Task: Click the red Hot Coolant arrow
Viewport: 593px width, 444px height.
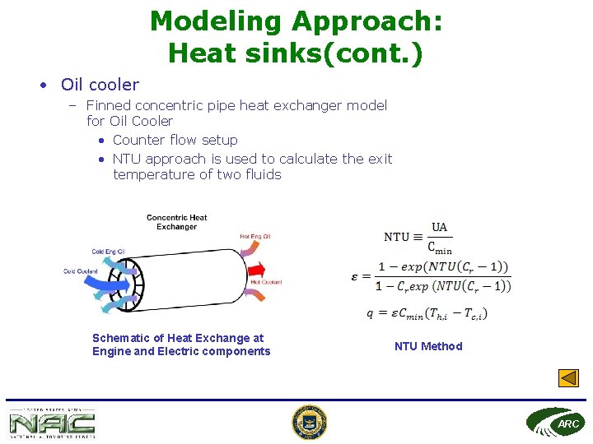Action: point(257,269)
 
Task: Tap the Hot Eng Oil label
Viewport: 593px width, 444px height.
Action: point(254,237)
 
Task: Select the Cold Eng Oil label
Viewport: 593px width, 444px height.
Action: point(108,252)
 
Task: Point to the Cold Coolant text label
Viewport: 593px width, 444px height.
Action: point(80,271)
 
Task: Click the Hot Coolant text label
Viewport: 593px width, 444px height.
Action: point(266,282)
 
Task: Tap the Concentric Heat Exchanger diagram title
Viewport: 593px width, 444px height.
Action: point(176,222)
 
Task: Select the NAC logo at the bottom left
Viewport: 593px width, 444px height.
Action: point(52,423)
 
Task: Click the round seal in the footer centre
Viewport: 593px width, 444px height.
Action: point(309,423)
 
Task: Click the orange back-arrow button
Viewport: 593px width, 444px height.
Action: point(568,378)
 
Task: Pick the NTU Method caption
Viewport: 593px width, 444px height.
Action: point(428,346)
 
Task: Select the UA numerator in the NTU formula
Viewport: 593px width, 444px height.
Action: point(440,227)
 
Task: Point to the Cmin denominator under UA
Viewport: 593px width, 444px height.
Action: point(440,246)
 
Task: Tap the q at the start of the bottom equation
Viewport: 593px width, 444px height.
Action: point(371,312)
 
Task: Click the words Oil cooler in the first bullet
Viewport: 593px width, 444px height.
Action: point(100,84)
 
